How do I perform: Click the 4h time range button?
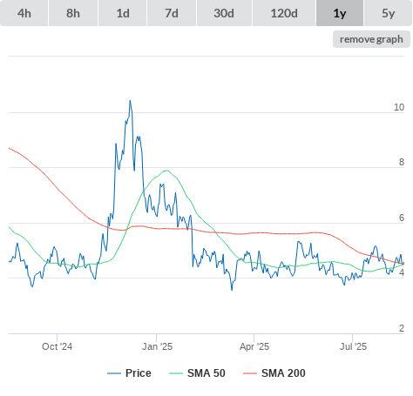24,13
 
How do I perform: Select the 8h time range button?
73,13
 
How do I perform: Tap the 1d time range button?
123,13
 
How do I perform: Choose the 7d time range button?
172,13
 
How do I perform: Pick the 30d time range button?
224,13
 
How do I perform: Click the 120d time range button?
284,13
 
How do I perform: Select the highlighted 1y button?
340,13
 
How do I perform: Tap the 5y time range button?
389,13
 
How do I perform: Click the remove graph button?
371,39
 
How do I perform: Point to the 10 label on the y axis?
399,107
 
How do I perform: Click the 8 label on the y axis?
402,162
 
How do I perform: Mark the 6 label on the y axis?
402,218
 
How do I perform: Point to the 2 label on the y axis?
402,328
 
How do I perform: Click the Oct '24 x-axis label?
58,346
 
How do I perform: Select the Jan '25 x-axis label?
157,346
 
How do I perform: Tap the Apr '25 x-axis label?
254,346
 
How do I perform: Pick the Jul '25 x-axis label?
353,346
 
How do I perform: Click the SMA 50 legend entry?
197,373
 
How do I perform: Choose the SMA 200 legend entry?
274,373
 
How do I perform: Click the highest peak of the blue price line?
130,101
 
